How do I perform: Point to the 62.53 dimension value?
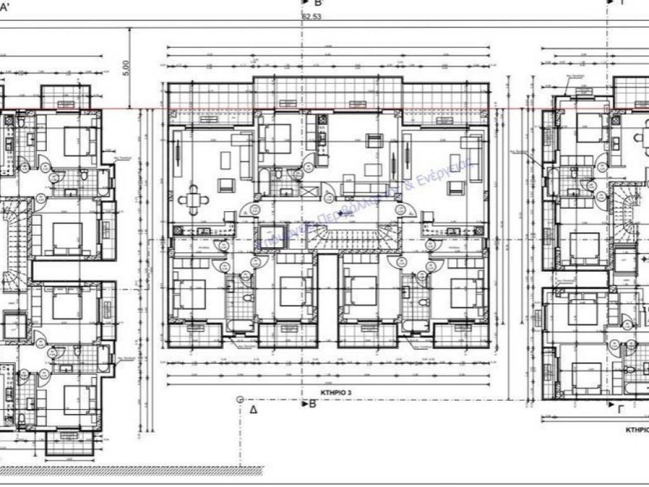(x=312, y=17)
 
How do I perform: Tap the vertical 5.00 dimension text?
(x=125, y=67)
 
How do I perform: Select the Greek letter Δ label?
(x=254, y=410)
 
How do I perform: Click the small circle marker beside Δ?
(x=240, y=399)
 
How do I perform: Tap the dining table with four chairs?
(x=194, y=200)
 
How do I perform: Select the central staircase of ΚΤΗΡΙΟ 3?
(x=330, y=239)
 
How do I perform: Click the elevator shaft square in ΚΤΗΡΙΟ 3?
(x=273, y=237)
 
